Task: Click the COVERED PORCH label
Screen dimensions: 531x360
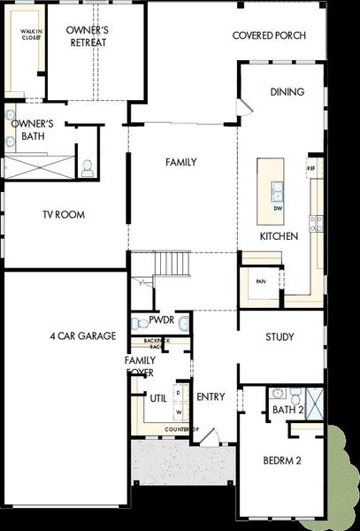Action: pyautogui.click(x=269, y=35)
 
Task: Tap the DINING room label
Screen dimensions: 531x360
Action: pyautogui.click(x=287, y=92)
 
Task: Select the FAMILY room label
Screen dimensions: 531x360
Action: pyautogui.click(x=180, y=162)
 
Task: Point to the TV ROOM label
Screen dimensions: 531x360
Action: pyautogui.click(x=63, y=214)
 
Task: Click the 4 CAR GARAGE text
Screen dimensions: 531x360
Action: pyautogui.click(x=83, y=335)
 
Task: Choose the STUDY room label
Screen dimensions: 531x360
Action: pyautogui.click(x=284, y=336)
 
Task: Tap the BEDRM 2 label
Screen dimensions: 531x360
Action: pyautogui.click(x=283, y=460)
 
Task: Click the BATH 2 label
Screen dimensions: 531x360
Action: pyautogui.click(x=287, y=410)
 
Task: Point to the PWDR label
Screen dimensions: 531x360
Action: pyautogui.click(x=161, y=321)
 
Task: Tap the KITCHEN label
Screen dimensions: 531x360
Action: pyautogui.click(x=278, y=236)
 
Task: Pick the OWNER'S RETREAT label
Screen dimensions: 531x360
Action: pyautogui.click(x=87, y=36)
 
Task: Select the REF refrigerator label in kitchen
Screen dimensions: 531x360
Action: pyautogui.click(x=311, y=167)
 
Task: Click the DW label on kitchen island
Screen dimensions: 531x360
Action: pyautogui.click(x=277, y=208)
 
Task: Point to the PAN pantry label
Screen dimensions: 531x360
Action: pyautogui.click(x=260, y=281)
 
